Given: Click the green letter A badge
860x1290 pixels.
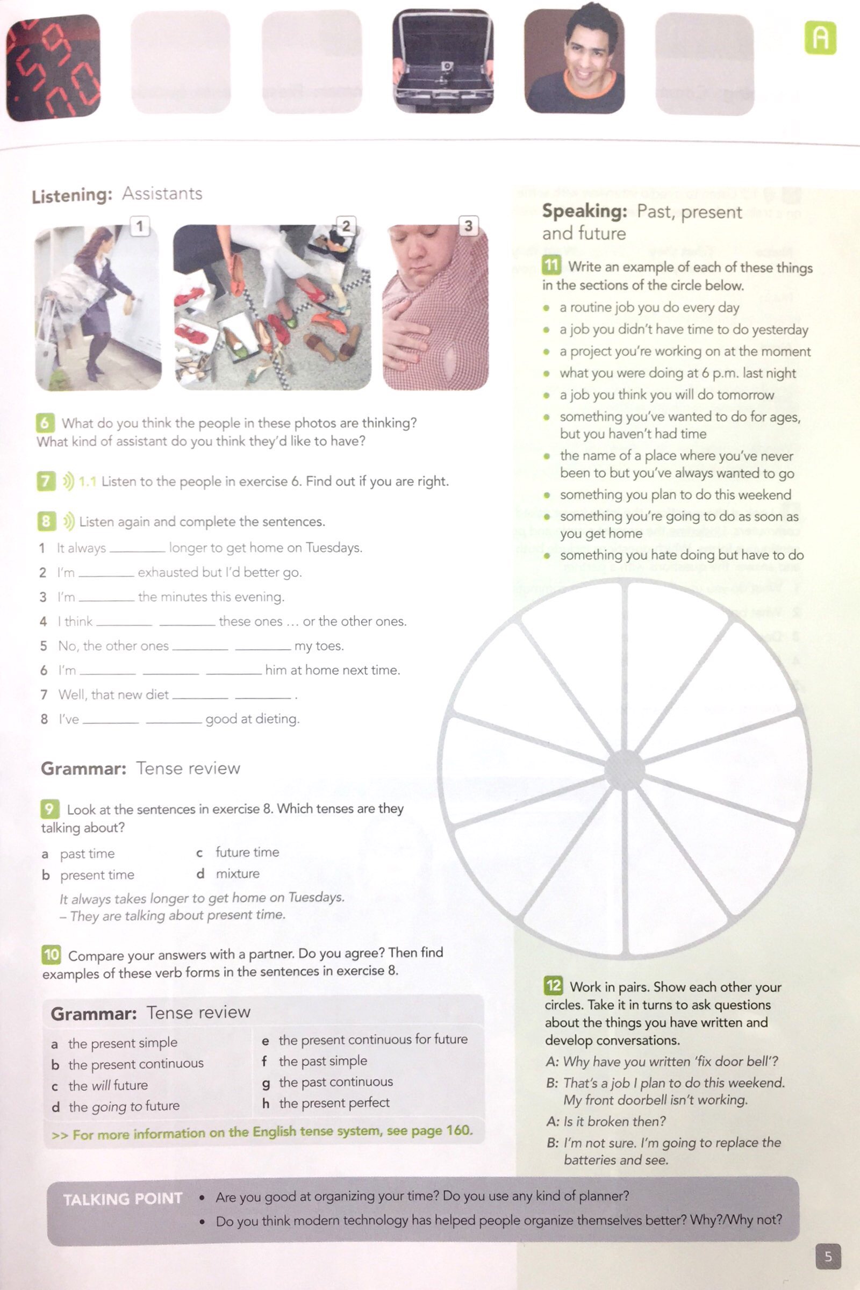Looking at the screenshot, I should (820, 38).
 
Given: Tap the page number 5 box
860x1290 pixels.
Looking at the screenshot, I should (828, 1256).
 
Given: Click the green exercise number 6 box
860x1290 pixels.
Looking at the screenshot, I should (45, 422).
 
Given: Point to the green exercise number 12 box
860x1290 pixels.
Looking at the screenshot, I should (553, 986).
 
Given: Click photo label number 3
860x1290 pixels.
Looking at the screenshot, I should (468, 226).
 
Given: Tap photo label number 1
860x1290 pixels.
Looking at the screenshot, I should (140, 226).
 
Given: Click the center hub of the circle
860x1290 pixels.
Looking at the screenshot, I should (624, 770).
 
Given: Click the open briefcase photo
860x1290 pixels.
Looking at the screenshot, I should (442, 60).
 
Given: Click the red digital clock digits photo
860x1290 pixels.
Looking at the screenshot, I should (53, 67).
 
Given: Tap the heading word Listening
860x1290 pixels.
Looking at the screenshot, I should (72, 196).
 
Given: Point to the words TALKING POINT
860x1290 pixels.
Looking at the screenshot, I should (123, 1199).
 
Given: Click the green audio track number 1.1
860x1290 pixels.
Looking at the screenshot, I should (87, 482).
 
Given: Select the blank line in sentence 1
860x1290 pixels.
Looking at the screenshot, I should (137, 549).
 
